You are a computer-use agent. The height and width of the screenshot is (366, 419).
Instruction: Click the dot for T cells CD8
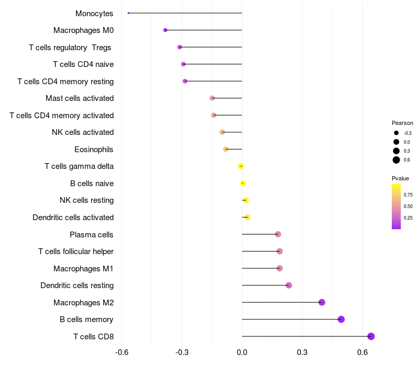pos(371,336)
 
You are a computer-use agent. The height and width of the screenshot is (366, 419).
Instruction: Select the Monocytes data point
pos(128,13)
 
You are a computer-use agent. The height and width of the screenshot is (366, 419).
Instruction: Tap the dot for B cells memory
pos(341,319)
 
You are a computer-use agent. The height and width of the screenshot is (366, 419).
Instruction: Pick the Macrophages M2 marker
pos(322,302)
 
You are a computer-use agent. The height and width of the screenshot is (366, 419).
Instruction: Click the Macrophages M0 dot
pos(165,30)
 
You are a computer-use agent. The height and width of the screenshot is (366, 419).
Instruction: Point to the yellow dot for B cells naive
pos(243,183)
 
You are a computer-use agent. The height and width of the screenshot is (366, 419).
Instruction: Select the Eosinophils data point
pos(226,149)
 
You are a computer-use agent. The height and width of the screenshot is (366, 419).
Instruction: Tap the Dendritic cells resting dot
pos(289,285)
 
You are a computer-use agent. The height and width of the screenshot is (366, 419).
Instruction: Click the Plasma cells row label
pos(92,234)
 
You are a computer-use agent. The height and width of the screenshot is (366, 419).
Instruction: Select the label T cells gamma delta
pos(79,166)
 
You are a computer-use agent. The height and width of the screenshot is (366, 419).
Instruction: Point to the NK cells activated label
pos(83,132)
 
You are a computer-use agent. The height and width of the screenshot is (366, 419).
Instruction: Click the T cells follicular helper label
pos(76,251)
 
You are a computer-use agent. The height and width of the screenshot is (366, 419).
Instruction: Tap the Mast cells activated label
pos(80,98)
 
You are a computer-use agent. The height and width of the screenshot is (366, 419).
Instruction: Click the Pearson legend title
pos(402,123)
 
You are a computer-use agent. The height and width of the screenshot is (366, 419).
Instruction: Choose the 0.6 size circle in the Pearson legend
pos(396,160)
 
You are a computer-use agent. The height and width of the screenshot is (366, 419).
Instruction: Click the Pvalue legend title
pos(400,178)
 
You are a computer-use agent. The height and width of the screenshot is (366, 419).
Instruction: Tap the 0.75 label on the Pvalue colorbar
pos(408,195)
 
